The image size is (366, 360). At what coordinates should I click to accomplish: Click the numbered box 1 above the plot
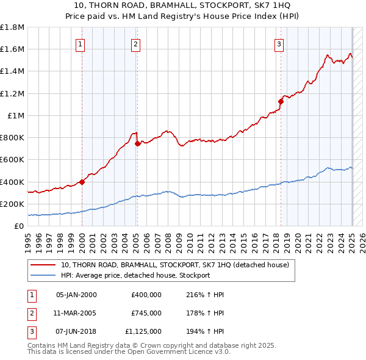coord(81,44)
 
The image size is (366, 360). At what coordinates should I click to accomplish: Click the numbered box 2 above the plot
coord(135,44)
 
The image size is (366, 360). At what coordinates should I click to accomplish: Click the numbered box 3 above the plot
coord(279,44)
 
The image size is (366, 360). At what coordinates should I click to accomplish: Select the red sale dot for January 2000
coord(82,181)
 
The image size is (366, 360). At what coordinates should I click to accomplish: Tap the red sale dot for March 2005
coord(138,143)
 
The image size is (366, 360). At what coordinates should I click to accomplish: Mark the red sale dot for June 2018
coord(281,101)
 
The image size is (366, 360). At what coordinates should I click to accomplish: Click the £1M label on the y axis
coord(15,115)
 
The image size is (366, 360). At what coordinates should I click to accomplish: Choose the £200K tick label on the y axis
coord(12,204)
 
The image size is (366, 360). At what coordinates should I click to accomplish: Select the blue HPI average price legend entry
coord(135,275)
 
